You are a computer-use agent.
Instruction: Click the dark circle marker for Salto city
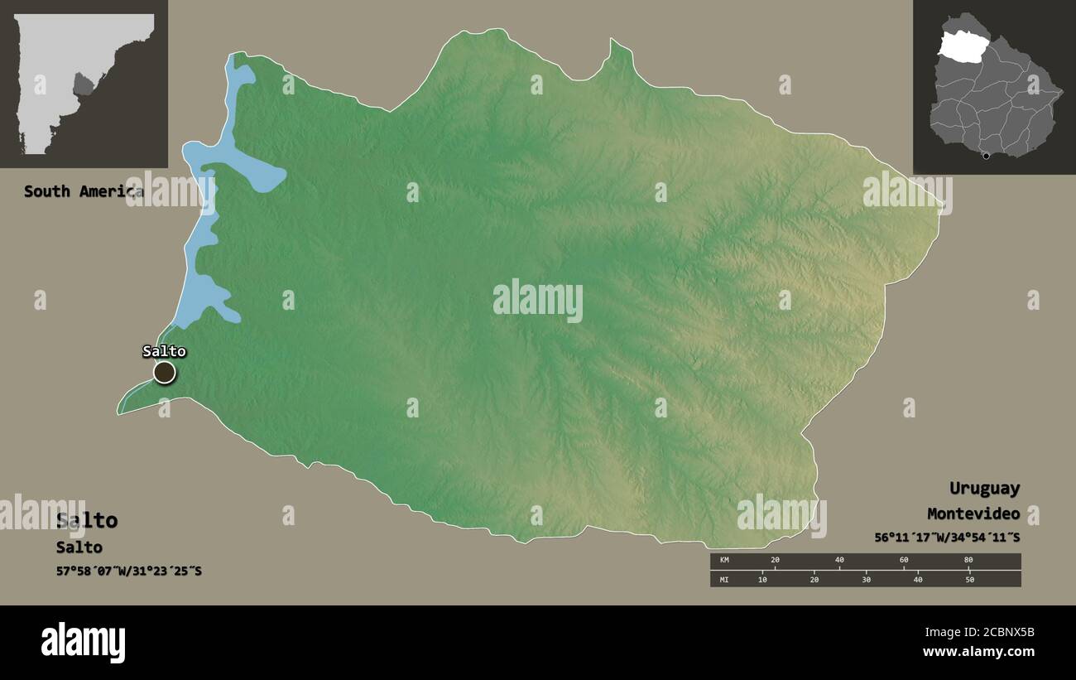tap(165, 373)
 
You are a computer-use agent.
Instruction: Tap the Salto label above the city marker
tap(164, 351)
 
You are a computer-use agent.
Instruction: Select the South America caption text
tap(83, 191)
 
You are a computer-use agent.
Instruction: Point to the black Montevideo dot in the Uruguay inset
tap(985, 156)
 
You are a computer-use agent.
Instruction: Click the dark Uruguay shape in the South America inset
tap(84, 84)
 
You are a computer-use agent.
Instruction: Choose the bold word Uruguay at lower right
tap(984, 488)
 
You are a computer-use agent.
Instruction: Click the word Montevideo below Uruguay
tap(973, 514)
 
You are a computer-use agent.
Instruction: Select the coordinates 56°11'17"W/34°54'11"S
tap(947, 537)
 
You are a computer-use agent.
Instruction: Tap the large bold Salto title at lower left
tap(87, 520)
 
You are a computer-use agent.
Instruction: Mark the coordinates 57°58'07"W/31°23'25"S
tap(129, 571)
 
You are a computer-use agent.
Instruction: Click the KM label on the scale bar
tap(724, 561)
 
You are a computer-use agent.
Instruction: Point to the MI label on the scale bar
tap(724, 579)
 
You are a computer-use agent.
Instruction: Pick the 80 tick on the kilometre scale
tap(968, 561)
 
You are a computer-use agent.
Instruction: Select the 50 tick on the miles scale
tap(969, 579)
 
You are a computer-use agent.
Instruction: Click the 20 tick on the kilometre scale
tap(775, 561)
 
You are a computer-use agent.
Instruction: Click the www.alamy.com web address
tap(978, 652)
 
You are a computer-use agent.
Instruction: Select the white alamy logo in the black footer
tap(83, 643)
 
